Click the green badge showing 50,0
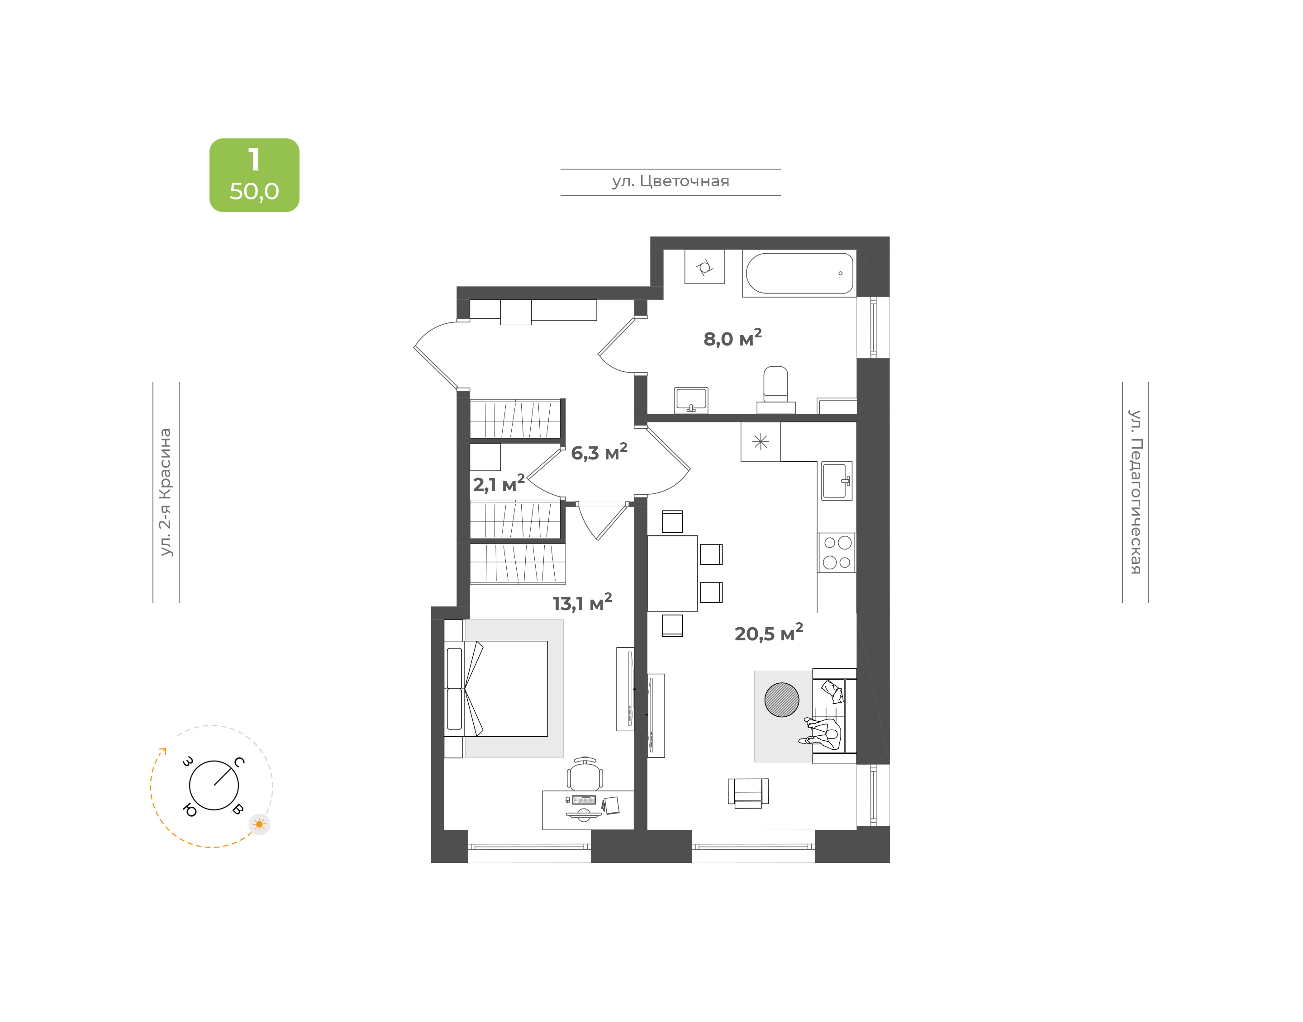click(x=254, y=175)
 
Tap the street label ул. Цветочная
click(x=671, y=181)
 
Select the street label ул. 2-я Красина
click(x=165, y=492)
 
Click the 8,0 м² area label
click(x=732, y=338)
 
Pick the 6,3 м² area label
click(x=599, y=452)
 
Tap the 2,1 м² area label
click(x=499, y=483)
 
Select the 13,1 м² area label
click(x=582, y=602)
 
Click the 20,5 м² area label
click(x=769, y=633)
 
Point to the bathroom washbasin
click(x=691, y=400)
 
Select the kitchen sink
click(x=836, y=481)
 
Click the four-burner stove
click(x=837, y=552)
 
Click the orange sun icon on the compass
click(x=259, y=824)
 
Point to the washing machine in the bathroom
click(x=704, y=266)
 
